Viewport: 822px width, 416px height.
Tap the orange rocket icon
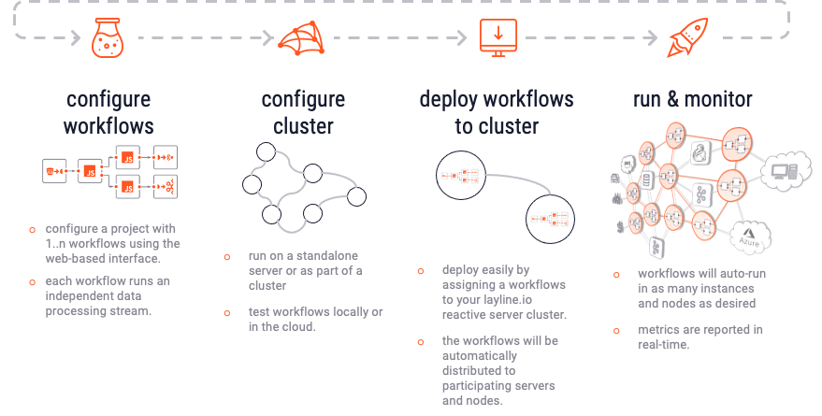click(x=689, y=39)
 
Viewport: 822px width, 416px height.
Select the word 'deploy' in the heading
click(x=448, y=99)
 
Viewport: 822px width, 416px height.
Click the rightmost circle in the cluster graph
click(x=355, y=196)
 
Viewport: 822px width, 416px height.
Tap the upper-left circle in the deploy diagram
click(x=460, y=175)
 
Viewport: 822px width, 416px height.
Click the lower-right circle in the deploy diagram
click(x=549, y=219)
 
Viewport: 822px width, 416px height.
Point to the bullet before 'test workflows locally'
click(x=227, y=312)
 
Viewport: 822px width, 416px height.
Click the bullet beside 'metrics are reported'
click(x=616, y=330)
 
